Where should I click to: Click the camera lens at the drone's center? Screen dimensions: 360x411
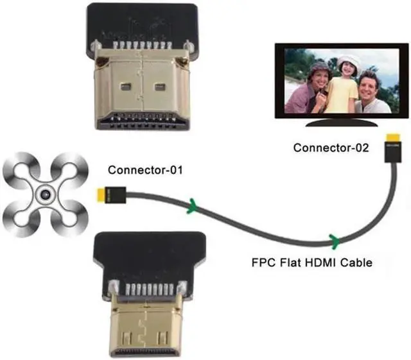tap(44, 194)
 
